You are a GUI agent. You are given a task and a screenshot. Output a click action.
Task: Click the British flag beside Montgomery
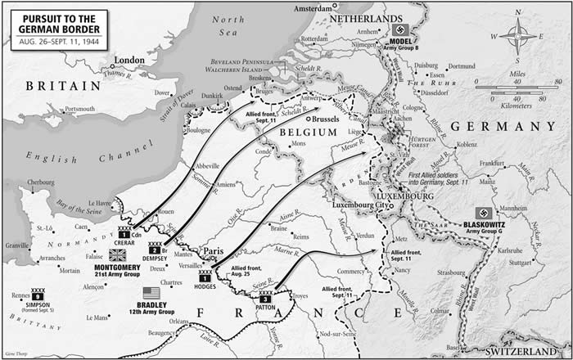point(117,255)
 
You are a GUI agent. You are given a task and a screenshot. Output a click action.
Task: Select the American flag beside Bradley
point(151,292)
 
